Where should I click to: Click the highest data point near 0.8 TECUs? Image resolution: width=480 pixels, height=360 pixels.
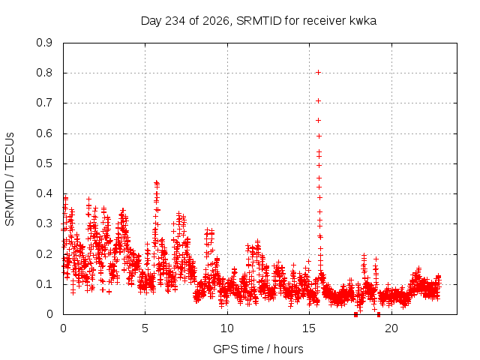(x=318, y=73)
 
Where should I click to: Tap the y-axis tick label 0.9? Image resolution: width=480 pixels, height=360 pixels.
(x=44, y=43)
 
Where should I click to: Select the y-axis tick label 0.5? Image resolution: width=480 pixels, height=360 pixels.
(x=44, y=163)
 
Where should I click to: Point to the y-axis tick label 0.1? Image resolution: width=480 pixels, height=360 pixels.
(x=44, y=284)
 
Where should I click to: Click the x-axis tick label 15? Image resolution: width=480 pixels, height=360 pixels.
(x=308, y=328)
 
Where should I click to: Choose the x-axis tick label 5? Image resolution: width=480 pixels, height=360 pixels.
(x=145, y=328)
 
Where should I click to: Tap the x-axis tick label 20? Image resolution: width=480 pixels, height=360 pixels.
(x=391, y=328)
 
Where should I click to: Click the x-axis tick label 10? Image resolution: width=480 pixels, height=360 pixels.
(x=227, y=328)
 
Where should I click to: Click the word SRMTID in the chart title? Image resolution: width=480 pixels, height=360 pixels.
(x=259, y=21)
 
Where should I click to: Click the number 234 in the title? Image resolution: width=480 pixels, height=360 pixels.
(x=175, y=21)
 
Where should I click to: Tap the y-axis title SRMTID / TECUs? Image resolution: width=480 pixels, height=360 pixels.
(x=10, y=179)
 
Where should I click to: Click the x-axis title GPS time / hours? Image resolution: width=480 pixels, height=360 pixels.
(x=258, y=349)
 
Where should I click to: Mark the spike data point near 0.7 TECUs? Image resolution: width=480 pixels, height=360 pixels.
(x=318, y=101)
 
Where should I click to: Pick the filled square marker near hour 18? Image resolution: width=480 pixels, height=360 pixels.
(x=355, y=314)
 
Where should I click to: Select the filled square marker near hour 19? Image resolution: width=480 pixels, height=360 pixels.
(x=379, y=314)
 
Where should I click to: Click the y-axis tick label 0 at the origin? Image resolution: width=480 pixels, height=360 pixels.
(x=49, y=314)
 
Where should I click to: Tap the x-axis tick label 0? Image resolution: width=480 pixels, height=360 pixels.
(x=63, y=328)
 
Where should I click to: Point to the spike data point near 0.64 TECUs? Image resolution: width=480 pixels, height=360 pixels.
(x=318, y=121)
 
